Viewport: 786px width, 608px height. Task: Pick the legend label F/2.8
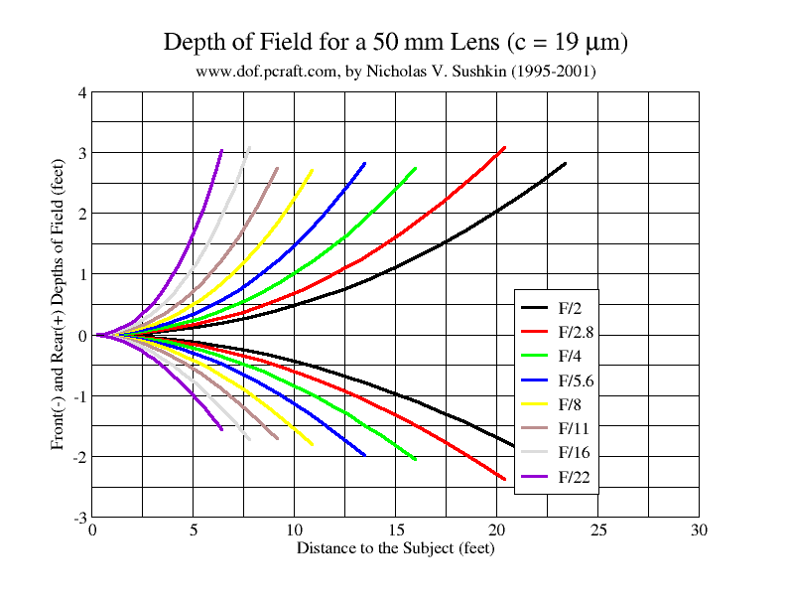(578, 332)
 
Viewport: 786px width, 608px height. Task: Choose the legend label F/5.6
(578, 380)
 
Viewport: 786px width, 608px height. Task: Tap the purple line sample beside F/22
(536, 477)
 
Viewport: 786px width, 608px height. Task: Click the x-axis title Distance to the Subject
(395, 547)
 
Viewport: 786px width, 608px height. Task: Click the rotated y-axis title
(60, 305)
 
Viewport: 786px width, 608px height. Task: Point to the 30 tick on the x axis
(699, 531)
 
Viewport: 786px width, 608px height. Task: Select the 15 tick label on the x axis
(396, 531)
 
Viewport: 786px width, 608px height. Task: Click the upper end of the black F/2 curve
(565, 163)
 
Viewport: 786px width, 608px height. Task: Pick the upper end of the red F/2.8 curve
(504, 148)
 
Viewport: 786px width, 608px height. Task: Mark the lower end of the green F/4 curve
(414, 459)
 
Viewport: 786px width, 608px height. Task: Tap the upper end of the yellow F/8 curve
(312, 170)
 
